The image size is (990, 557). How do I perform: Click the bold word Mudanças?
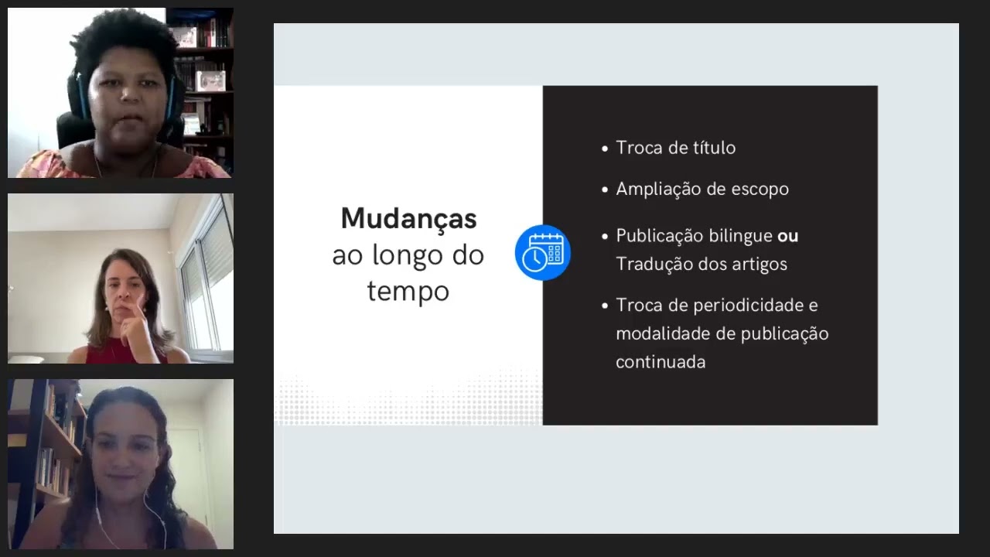click(x=408, y=219)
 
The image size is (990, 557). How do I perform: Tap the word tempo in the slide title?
click(x=408, y=292)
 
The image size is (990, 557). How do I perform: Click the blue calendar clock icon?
click(x=542, y=252)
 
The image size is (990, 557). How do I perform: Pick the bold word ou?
click(x=787, y=236)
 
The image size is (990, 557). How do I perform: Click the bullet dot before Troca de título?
click(x=605, y=149)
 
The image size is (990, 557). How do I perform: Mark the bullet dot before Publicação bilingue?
click(x=605, y=236)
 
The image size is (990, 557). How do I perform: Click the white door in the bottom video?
click(x=189, y=472)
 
